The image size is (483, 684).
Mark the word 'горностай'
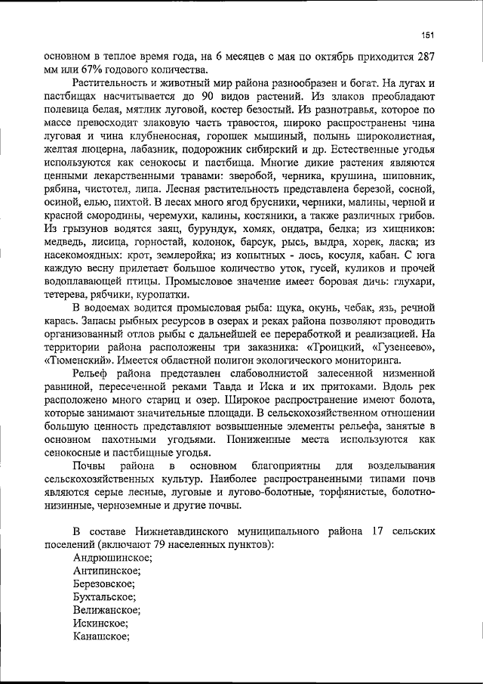[170, 242]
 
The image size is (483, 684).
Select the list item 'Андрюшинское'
[112, 558]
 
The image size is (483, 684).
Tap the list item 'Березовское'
[104, 584]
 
